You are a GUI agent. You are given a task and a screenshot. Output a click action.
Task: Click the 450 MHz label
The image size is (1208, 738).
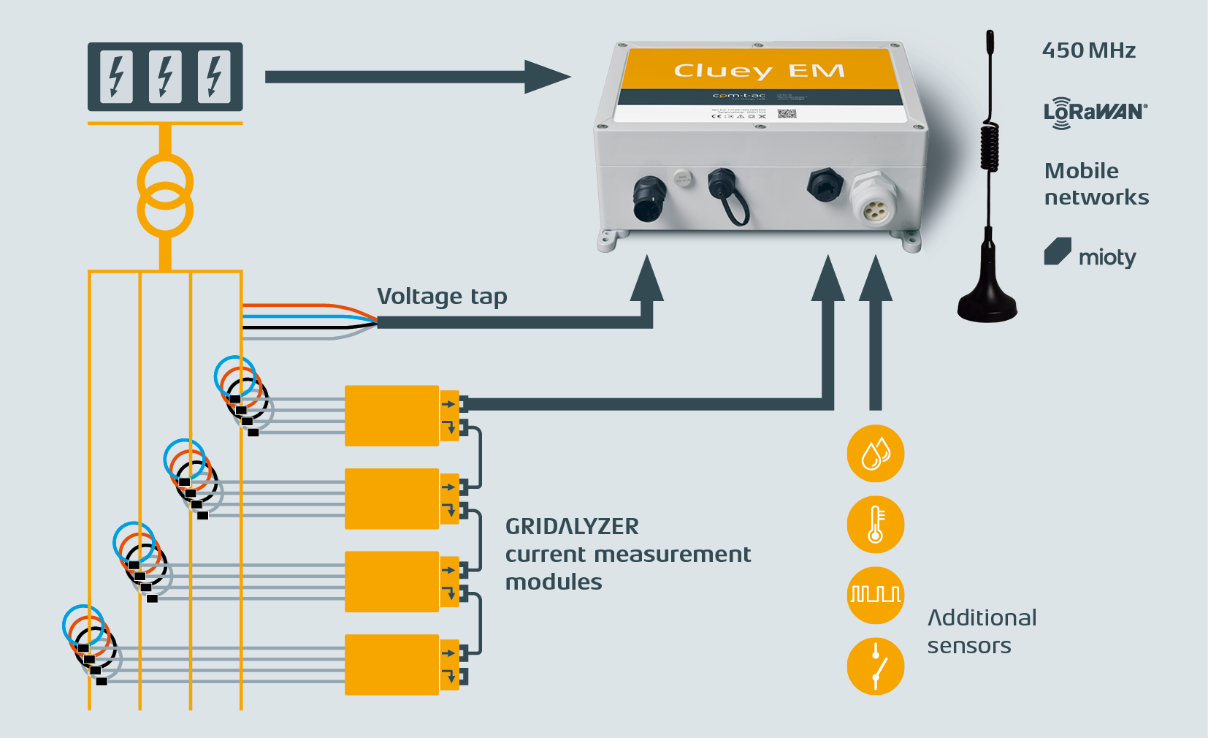1088,50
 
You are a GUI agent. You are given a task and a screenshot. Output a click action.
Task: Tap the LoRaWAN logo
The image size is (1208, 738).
1095,113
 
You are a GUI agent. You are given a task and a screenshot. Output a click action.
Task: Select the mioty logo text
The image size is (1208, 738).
1106,257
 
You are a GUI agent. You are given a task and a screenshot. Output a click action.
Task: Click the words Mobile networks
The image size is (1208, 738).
1096,184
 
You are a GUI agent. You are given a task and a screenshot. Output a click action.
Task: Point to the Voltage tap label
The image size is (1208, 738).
442,296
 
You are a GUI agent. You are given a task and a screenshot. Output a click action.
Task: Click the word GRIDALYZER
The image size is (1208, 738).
572,526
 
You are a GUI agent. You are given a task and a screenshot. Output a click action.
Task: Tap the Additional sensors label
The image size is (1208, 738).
981,631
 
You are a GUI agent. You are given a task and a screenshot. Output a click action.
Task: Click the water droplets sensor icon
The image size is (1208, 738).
876,454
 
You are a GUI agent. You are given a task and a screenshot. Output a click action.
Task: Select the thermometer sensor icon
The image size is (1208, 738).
876,525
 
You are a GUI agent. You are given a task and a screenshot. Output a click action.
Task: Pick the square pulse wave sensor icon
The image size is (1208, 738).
876,595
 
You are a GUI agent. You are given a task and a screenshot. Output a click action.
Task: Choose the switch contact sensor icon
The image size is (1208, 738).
876,666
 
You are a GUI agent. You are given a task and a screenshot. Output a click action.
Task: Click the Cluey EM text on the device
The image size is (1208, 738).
759,70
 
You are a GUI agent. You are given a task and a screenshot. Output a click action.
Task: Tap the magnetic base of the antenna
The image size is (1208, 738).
987,303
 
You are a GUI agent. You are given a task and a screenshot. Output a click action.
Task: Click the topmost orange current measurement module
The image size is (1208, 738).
392,416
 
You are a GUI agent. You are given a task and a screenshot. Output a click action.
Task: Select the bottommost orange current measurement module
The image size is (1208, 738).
392,664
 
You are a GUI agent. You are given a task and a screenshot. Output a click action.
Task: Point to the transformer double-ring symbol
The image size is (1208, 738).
166,196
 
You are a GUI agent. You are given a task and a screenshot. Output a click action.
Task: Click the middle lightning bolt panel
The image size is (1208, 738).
165,77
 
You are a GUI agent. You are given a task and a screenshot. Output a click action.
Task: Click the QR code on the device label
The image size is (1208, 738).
786,114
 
